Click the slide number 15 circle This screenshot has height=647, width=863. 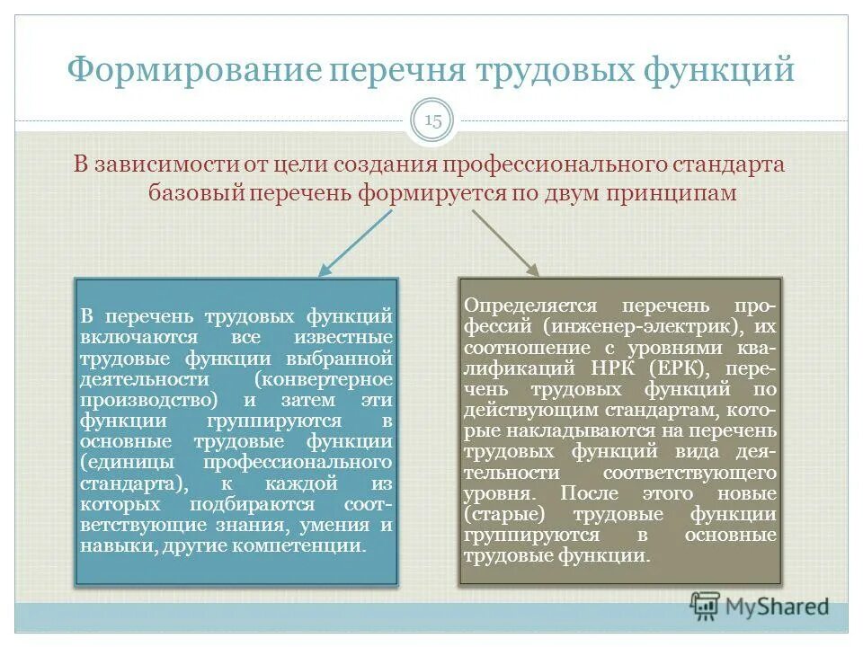(x=432, y=122)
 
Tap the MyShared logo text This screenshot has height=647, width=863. (x=778, y=607)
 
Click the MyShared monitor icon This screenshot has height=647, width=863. (x=705, y=606)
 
